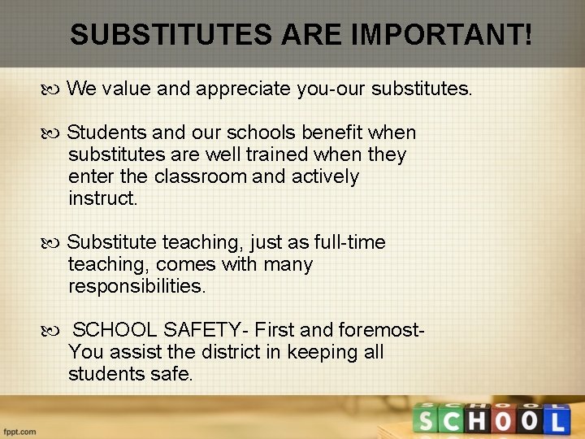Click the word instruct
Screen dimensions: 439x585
click(x=103, y=198)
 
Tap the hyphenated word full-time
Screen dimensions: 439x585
click(x=340, y=242)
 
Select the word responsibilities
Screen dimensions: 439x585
click(x=137, y=286)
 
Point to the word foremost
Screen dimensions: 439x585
click(x=381, y=330)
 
